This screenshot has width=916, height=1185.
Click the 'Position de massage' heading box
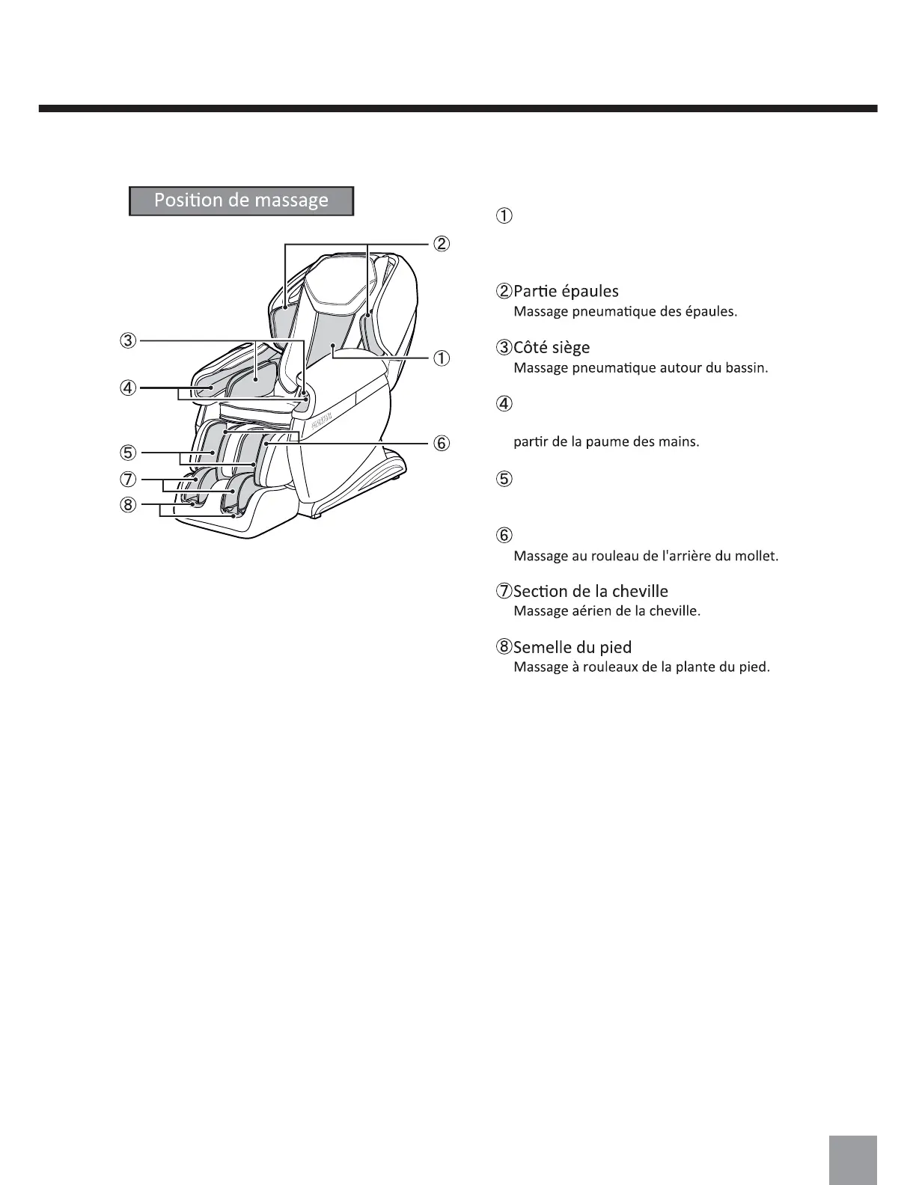tap(241, 200)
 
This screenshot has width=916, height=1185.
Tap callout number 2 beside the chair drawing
tap(442, 244)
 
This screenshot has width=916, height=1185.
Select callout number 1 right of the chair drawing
tap(442, 358)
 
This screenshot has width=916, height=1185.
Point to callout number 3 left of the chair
tap(129, 341)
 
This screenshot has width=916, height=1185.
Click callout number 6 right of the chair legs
tap(442, 443)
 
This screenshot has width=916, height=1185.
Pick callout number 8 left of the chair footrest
tap(129, 505)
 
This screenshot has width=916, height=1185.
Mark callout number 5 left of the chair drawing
tap(129, 453)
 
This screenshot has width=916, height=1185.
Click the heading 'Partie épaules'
tap(565, 291)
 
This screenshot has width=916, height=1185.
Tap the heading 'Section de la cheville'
tap(590, 591)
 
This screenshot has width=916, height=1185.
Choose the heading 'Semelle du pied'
tap(572, 647)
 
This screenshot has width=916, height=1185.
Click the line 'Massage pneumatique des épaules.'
tap(625, 311)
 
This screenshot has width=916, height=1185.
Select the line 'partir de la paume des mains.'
tap(606, 441)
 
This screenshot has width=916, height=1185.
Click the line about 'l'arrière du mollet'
tap(645, 556)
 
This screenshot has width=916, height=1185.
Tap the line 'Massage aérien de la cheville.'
tap(606, 610)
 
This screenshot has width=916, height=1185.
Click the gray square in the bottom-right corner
tap(852, 1160)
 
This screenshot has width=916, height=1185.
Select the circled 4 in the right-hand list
tap(504, 405)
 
